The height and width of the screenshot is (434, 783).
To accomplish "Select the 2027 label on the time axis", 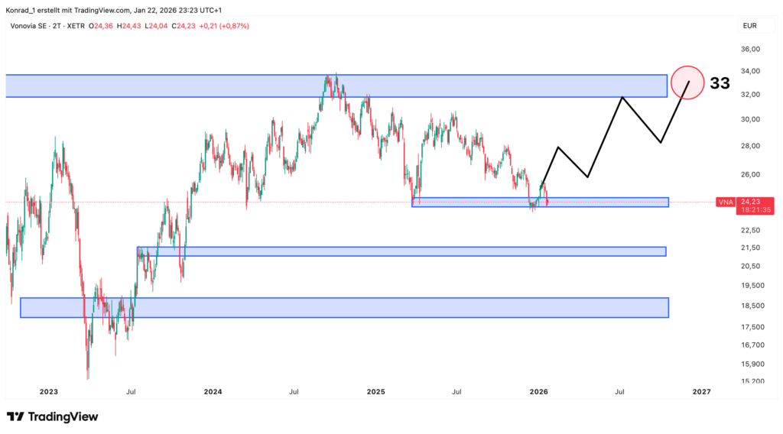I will click(701, 392).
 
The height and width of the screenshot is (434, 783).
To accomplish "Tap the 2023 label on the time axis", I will click(48, 392).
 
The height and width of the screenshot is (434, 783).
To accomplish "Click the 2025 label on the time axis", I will click(375, 392).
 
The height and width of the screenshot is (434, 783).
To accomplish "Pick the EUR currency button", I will click(749, 26).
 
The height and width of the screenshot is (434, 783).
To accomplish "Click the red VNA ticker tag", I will click(726, 202).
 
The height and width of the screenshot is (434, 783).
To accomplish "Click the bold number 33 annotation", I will click(720, 83).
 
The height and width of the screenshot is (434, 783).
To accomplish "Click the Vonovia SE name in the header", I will click(27, 26).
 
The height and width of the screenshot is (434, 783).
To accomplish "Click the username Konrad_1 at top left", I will click(22, 8).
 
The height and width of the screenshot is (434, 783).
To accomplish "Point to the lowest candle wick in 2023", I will click(88, 378).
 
